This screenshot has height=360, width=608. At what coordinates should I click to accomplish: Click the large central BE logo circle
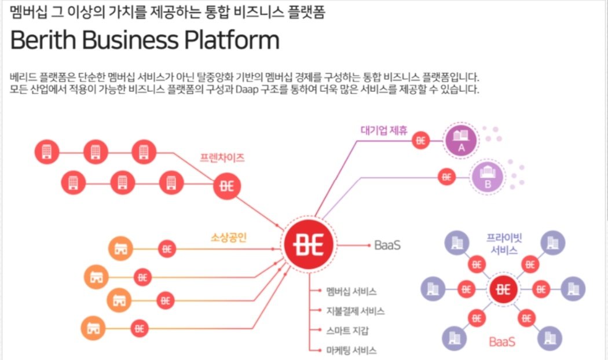click(x=309, y=244)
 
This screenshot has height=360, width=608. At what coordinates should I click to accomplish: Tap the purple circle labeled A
click(x=461, y=140)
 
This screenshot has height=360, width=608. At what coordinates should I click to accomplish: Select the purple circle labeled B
click(x=488, y=177)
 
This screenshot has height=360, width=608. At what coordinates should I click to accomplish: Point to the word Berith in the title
click(x=43, y=39)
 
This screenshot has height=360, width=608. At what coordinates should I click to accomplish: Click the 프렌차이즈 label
click(x=222, y=158)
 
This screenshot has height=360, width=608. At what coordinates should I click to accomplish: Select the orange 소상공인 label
click(x=229, y=237)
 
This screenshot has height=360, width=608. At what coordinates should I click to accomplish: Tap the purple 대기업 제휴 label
click(x=384, y=130)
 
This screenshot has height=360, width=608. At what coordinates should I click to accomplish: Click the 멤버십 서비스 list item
click(x=351, y=291)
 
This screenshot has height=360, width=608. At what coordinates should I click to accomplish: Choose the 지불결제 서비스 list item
click(x=355, y=311)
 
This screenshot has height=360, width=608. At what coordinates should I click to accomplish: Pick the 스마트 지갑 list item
click(x=347, y=331)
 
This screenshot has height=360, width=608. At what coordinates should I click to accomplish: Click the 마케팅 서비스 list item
click(x=351, y=351)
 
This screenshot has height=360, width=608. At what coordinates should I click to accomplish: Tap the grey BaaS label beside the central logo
click(x=387, y=245)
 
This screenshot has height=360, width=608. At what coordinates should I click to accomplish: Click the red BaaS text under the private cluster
click(x=502, y=342)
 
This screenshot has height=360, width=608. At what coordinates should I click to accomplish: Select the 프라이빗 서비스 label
click(x=504, y=244)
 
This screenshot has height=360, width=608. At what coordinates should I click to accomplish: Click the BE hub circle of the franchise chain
click(x=227, y=186)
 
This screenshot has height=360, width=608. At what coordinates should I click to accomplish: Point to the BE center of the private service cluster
click(x=503, y=289)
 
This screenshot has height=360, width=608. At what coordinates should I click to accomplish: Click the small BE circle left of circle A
click(x=421, y=140)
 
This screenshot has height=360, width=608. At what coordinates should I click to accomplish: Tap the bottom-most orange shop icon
click(x=93, y=328)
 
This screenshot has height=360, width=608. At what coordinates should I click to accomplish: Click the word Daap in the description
click(x=247, y=90)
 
